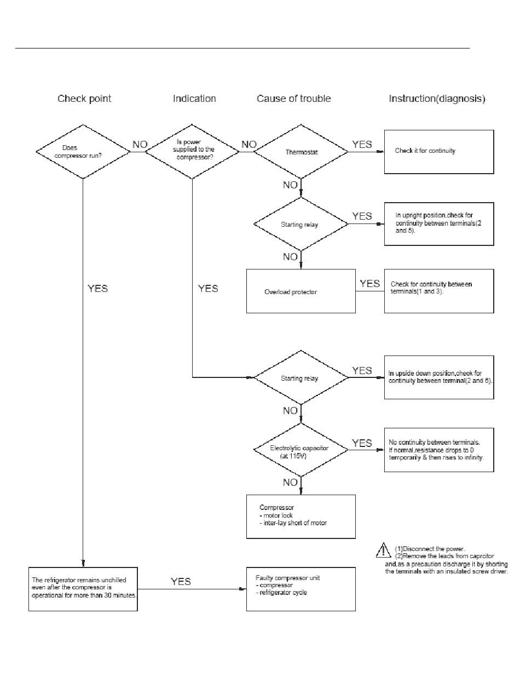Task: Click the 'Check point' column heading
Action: pos(84,99)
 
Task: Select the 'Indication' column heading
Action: pos(194,99)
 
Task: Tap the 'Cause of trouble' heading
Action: pos(294,99)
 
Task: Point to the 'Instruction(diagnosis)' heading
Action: pos(437,99)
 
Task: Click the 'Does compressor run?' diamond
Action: pos(82,151)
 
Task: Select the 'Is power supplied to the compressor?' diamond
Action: pos(192,151)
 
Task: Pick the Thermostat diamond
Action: pos(301,152)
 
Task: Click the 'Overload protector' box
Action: pos(301,291)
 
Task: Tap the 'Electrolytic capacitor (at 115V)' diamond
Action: pos(301,450)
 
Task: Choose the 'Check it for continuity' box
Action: pos(438,152)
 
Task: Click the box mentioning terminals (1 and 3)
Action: pos(438,290)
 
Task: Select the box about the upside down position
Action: pos(438,377)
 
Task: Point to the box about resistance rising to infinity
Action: pos(438,450)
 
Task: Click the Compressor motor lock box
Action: pos(301,516)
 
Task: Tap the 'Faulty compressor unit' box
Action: pos(301,589)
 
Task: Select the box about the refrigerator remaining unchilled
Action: pos(83,589)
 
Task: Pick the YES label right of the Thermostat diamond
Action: pos(362,145)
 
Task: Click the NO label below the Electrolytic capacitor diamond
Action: pos(290,483)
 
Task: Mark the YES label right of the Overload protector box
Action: pos(370,283)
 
